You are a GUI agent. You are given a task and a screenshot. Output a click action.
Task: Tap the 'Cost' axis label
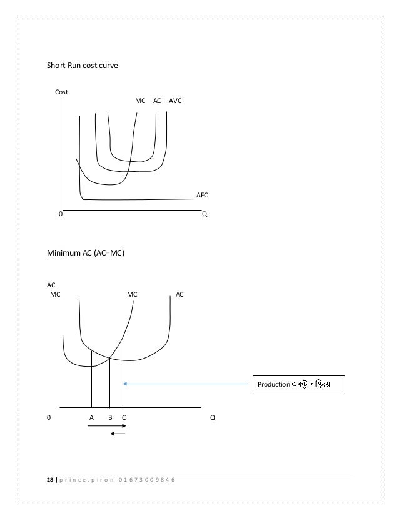pos(61,92)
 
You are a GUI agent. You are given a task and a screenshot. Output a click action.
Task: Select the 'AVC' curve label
pos(175,100)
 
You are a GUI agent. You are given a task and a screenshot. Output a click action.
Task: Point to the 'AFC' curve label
pos(202,196)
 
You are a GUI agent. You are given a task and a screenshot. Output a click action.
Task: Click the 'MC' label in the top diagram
pos(141,100)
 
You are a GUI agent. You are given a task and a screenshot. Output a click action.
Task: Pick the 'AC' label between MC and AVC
pos(157,100)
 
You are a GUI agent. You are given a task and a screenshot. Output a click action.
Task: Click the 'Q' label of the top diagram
pos(204,213)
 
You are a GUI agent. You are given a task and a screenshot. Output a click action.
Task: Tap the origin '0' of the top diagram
pos(60,213)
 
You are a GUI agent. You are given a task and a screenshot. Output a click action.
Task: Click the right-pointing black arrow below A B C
pos(107,427)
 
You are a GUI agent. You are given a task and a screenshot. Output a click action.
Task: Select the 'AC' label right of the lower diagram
pos(179,293)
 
